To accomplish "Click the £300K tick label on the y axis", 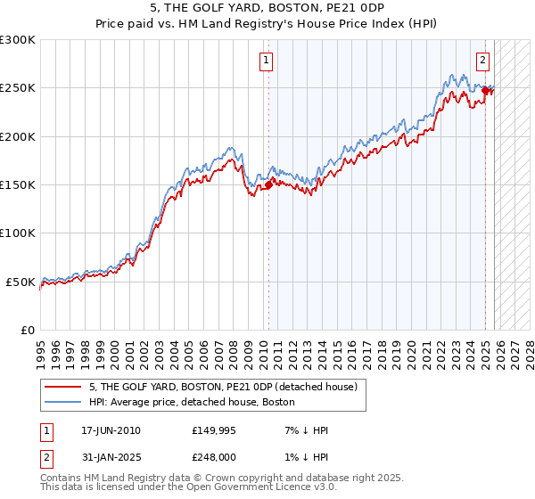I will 18,40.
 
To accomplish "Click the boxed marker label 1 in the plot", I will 267,61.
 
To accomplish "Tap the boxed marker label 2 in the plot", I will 482,61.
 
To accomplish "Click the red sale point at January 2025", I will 486,90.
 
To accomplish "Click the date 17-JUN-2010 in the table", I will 111,430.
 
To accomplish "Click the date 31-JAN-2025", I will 111,457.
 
